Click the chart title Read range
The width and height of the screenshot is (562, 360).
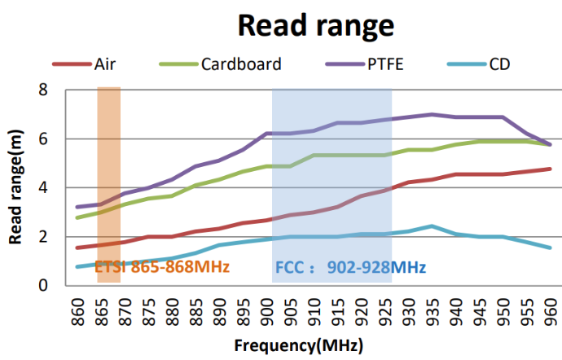point(315,25)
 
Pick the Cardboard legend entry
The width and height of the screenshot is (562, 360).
point(241,64)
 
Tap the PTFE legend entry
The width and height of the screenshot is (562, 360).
point(385,64)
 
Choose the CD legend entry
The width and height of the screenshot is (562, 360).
point(500,64)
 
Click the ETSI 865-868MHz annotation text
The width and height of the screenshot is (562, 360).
point(162,266)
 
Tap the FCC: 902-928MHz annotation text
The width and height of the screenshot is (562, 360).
point(349,266)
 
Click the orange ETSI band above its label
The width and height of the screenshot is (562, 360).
point(108,163)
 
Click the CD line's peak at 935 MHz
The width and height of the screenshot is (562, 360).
point(432,226)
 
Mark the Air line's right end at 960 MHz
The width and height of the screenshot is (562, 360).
point(551,169)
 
